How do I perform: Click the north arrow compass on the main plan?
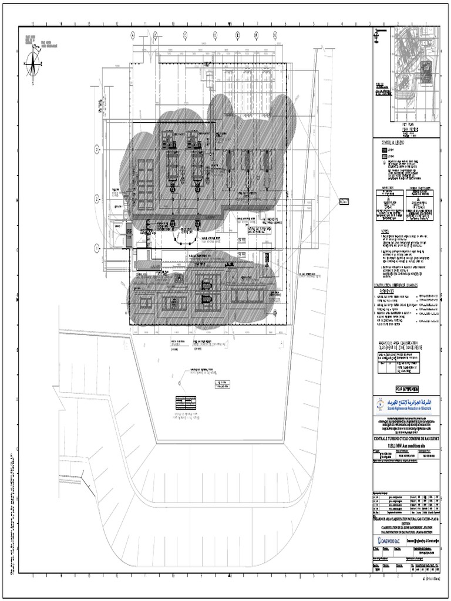tap(33, 64)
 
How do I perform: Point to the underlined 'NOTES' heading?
tap(385, 231)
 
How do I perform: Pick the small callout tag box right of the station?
tap(344, 202)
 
